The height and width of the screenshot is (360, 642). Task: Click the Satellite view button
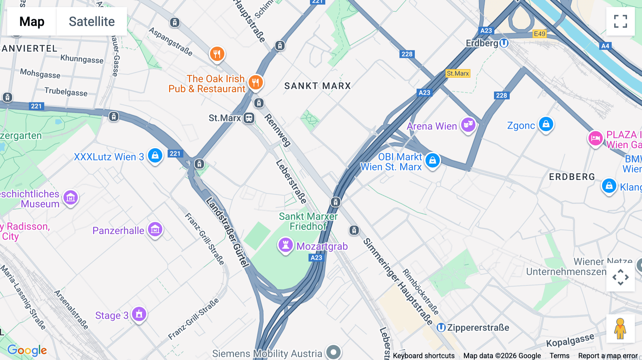click(x=92, y=21)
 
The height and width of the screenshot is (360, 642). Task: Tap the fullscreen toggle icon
click(x=620, y=21)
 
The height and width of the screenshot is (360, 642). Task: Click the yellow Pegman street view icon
click(x=620, y=329)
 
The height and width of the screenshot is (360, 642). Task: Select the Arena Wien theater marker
click(x=468, y=125)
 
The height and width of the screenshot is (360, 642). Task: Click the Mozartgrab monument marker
click(x=286, y=245)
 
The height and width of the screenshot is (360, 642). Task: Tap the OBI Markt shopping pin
click(x=433, y=160)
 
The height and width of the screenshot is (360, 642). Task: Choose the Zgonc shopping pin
click(x=546, y=124)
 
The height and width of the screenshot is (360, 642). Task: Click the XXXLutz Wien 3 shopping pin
click(x=155, y=156)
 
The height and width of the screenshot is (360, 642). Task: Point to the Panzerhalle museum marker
click(x=155, y=230)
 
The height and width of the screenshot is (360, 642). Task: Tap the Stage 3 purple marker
click(x=139, y=314)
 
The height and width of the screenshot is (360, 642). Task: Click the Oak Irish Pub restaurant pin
click(x=255, y=83)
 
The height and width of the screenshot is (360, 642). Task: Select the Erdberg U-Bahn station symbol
click(x=504, y=43)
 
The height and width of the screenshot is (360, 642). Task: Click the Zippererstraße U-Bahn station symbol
click(x=441, y=328)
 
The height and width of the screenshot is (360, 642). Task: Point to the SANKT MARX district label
click(x=317, y=86)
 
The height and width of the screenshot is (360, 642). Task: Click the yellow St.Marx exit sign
click(x=458, y=73)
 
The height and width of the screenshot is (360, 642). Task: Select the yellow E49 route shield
click(x=539, y=34)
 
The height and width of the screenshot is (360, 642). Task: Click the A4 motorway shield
click(x=605, y=46)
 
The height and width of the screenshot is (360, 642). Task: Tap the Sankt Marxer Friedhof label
click(x=308, y=221)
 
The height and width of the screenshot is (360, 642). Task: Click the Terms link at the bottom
click(x=559, y=356)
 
